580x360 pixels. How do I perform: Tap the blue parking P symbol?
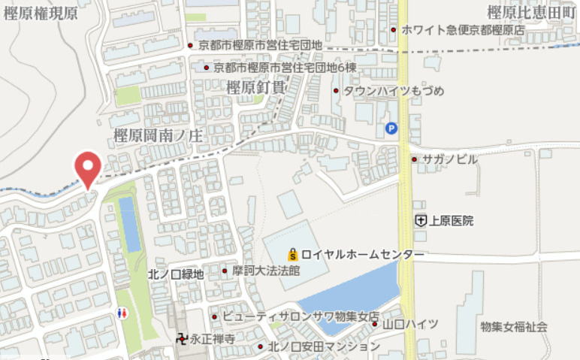(391, 129)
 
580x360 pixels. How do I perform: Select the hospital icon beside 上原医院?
(421, 220)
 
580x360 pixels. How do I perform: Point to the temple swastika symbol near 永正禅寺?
(181, 339)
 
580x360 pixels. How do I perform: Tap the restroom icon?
(123, 312)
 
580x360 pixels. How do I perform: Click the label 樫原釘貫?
(255, 88)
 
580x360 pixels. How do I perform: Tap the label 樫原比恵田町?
(530, 11)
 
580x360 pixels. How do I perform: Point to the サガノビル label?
(449, 159)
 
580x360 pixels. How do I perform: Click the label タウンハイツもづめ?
(394, 91)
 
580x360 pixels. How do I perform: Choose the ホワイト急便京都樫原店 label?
(463, 29)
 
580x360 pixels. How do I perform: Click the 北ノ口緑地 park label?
(176, 274)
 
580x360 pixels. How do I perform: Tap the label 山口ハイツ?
(410, 324)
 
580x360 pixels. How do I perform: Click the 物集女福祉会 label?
(514, 327)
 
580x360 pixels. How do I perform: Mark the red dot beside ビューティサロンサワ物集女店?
(214, 316)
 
